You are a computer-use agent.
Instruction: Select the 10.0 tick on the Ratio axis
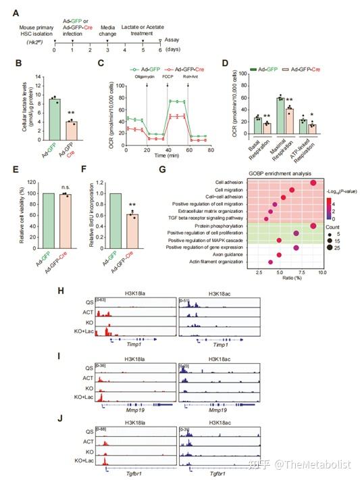click(303, 271)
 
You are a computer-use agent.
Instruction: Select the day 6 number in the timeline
click(159, 50)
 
